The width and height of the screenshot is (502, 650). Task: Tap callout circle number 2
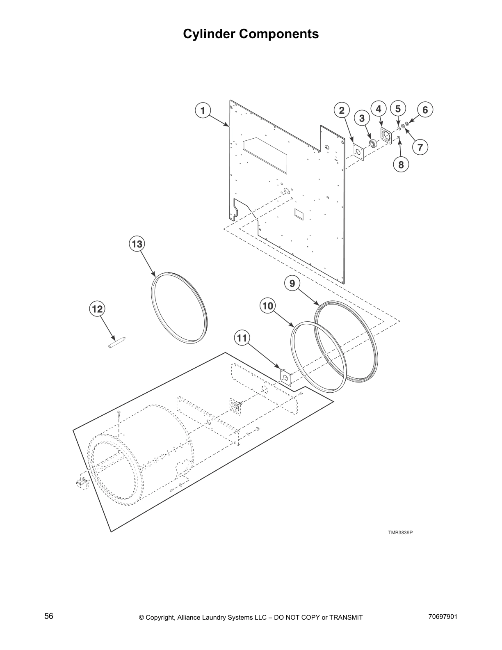tap(341, 110)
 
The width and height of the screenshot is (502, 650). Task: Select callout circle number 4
tap(379, 109)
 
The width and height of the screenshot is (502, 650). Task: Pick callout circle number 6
tap(425, 110)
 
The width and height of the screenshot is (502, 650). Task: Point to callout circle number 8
tap(401, 165)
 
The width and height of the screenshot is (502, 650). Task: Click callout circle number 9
tap(292, 284)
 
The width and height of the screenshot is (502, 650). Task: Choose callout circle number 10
tap(267, 306)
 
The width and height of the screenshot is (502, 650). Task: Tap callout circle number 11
tap(242, 338)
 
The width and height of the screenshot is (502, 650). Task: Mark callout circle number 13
tap(137, 244)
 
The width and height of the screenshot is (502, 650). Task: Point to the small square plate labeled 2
tap(358, 152)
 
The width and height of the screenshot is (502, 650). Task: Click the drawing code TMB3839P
tap(400, 533)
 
